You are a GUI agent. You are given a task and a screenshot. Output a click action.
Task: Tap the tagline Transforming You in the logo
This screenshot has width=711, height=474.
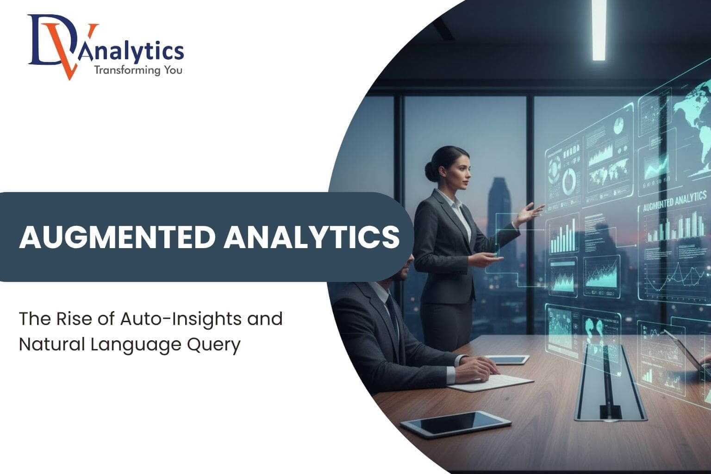point(138,70)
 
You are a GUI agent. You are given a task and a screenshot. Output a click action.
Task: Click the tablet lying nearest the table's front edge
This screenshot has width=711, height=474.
point(455,423)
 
